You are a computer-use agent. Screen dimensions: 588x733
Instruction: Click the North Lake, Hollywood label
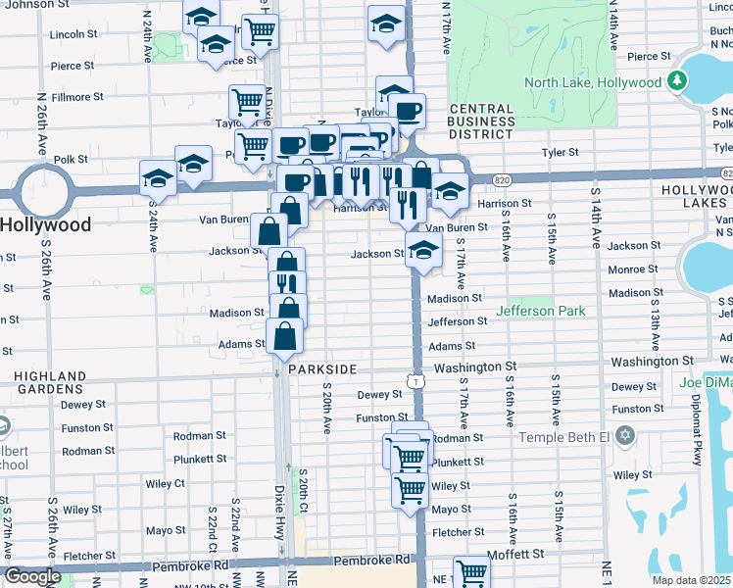pos(592,82)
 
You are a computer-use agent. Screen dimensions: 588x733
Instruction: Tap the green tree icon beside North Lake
pos(675,81)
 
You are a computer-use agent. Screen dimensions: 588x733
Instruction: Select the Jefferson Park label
pos(540,311)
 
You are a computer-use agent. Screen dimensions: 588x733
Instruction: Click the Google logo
pos(32,576)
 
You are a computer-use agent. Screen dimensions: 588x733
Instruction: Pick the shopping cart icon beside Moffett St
pos(471,571)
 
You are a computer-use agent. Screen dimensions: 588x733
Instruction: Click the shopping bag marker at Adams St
pos(284,338)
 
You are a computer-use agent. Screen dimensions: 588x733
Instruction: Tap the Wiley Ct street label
pos(166,484)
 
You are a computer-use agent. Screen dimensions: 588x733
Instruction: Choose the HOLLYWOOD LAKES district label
pos(697,195)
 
